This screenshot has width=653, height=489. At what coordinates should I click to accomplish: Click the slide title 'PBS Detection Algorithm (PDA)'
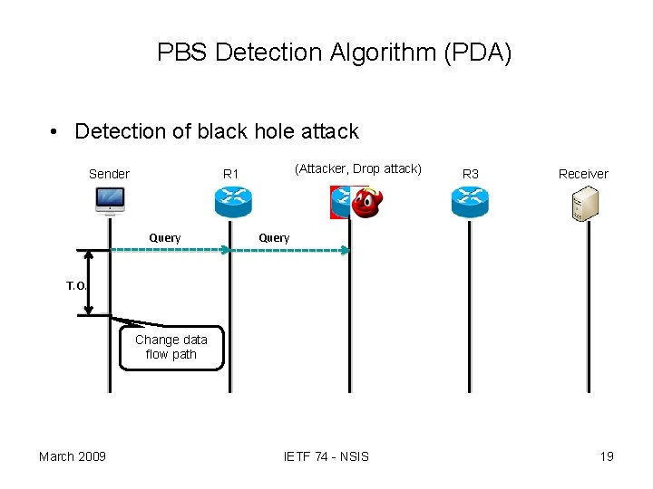334,53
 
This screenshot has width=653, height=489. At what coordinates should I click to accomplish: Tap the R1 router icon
232,201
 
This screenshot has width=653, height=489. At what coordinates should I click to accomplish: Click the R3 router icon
470,201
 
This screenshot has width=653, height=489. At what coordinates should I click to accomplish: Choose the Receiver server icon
581,203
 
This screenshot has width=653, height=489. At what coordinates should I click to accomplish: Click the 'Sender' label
109,174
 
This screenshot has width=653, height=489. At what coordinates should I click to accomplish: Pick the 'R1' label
231,174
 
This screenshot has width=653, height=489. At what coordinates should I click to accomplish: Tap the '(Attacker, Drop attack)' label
358,168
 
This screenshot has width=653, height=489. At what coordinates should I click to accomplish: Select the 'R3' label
471,174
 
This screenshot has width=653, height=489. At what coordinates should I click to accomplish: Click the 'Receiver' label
583,174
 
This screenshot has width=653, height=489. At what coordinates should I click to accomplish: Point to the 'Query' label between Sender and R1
165,238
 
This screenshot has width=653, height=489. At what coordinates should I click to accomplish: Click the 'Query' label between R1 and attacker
274,238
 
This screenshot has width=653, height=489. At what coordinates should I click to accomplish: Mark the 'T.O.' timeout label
76,286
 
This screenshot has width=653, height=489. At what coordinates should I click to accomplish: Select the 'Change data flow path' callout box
171,348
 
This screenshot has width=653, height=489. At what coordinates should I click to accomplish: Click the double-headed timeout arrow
89,283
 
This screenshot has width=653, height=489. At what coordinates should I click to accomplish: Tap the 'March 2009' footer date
72,455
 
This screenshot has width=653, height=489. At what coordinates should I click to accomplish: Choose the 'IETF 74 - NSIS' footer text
326,455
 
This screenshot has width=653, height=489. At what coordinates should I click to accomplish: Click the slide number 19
607,455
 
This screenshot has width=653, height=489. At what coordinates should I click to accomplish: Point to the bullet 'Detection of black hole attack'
216,131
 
